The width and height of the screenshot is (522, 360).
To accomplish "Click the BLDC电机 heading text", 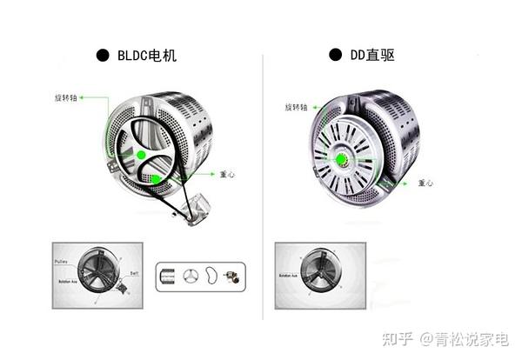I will click(153, 57).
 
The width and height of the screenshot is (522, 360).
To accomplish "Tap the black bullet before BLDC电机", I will click(103, 57).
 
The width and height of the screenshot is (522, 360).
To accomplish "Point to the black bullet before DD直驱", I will click(334, 55).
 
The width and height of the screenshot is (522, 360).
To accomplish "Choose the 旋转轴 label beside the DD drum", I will click(298, 107).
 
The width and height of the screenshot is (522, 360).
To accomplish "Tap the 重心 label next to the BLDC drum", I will click(225, 175).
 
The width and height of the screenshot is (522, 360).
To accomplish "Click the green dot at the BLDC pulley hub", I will click(140, 155).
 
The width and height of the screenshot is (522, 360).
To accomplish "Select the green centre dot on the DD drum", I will click(341, 159).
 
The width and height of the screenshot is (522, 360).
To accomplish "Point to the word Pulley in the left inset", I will click(63, 259).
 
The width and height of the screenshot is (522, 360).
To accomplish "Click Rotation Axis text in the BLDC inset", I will click(70, 281).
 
